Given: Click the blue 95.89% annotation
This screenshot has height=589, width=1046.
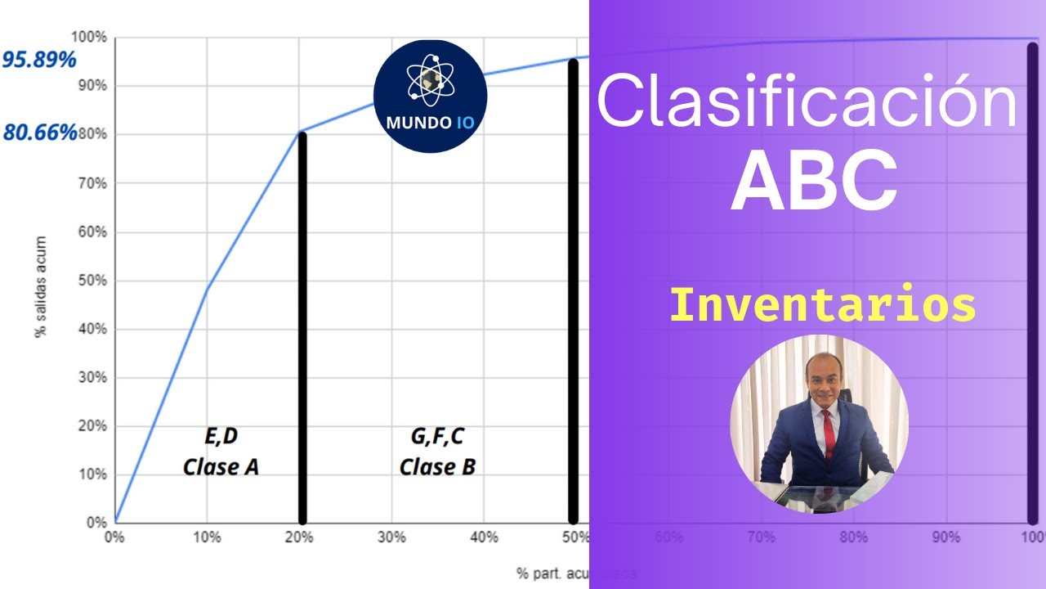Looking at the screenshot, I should pyautogui.click(x=39, y=60).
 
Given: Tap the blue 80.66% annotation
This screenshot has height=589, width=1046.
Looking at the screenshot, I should pyautogui.click(x=39, y=132).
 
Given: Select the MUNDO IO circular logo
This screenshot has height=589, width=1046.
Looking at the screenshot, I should pyautogui.click(x=430, y=97).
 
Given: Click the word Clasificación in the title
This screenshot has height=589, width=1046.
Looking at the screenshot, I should pyautogui.click(x=807, y=101).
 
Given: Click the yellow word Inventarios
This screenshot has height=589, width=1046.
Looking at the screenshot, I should pyautogui.click(x=822, y=305).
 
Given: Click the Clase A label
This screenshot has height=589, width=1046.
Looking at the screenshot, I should pyautogui.click(x=221, y=467).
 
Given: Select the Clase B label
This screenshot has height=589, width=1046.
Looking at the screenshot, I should pyautogui.click(x=437, y=467).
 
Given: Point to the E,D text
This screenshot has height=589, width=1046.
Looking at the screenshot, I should pyautogui.click(x=221, y=437).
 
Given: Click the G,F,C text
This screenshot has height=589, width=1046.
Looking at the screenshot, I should pyautogui.click(x=437, y=437).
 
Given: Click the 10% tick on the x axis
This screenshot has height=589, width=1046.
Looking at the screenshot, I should pyautogui.click(x=207, y=537).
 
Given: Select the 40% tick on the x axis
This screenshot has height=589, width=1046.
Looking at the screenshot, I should pyautogui.click(x=484, y=537).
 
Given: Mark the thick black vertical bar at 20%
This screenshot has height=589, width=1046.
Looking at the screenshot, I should pyautogui.click(x=302, y=327).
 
